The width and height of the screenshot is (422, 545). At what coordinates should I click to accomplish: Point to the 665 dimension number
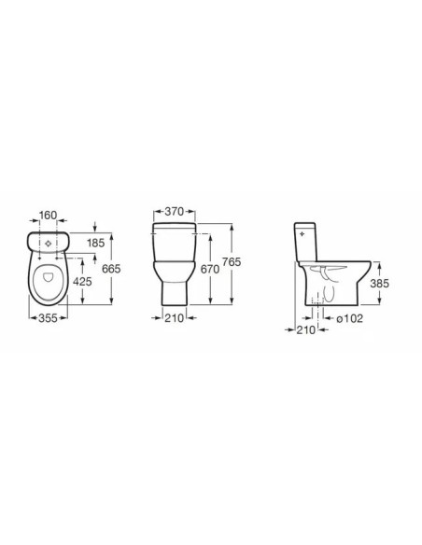[113, 269]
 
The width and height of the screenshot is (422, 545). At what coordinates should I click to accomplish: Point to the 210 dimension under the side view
[302, 330]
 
